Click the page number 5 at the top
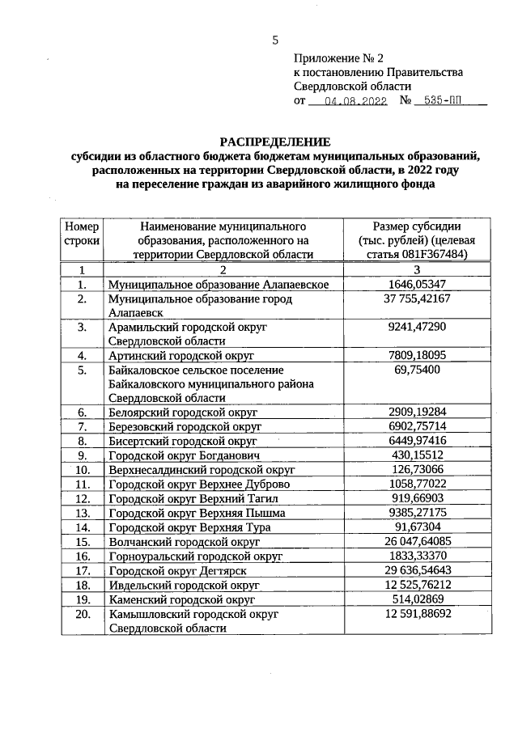coord(275,40)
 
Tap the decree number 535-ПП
coord(448,102)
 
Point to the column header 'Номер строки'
coord(81,233)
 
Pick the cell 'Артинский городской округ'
coord(182,355)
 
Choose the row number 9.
coord(82,455)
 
